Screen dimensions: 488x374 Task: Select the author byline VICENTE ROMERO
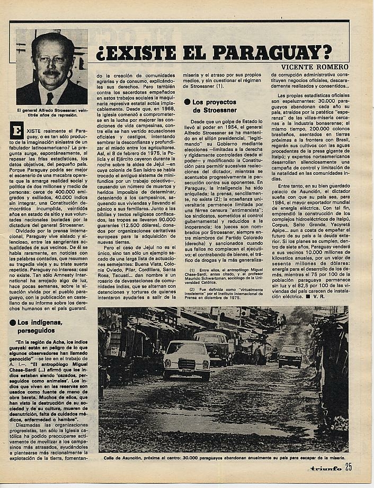tap(315, 67)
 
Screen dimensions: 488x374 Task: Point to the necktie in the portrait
tap(50, 98)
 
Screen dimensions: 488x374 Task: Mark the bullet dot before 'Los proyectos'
tap(188, 102)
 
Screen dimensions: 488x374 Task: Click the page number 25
tap(348, 467)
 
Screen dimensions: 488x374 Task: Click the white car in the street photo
tap(187, 359)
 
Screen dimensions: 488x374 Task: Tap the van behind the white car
tap(212, 344)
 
